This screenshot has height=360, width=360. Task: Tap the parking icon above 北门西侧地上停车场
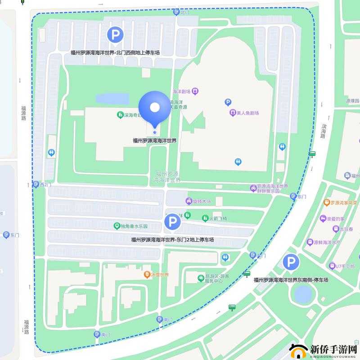[x=115, y=35]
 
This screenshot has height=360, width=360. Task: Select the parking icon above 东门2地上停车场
[x=172, y=221]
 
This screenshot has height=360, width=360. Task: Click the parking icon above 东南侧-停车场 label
[x=291, y=263]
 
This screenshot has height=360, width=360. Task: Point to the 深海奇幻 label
[x=130, y=115]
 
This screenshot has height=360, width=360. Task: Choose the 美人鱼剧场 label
[x=245, y=112]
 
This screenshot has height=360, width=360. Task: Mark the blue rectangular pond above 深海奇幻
[x=112, y=98]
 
